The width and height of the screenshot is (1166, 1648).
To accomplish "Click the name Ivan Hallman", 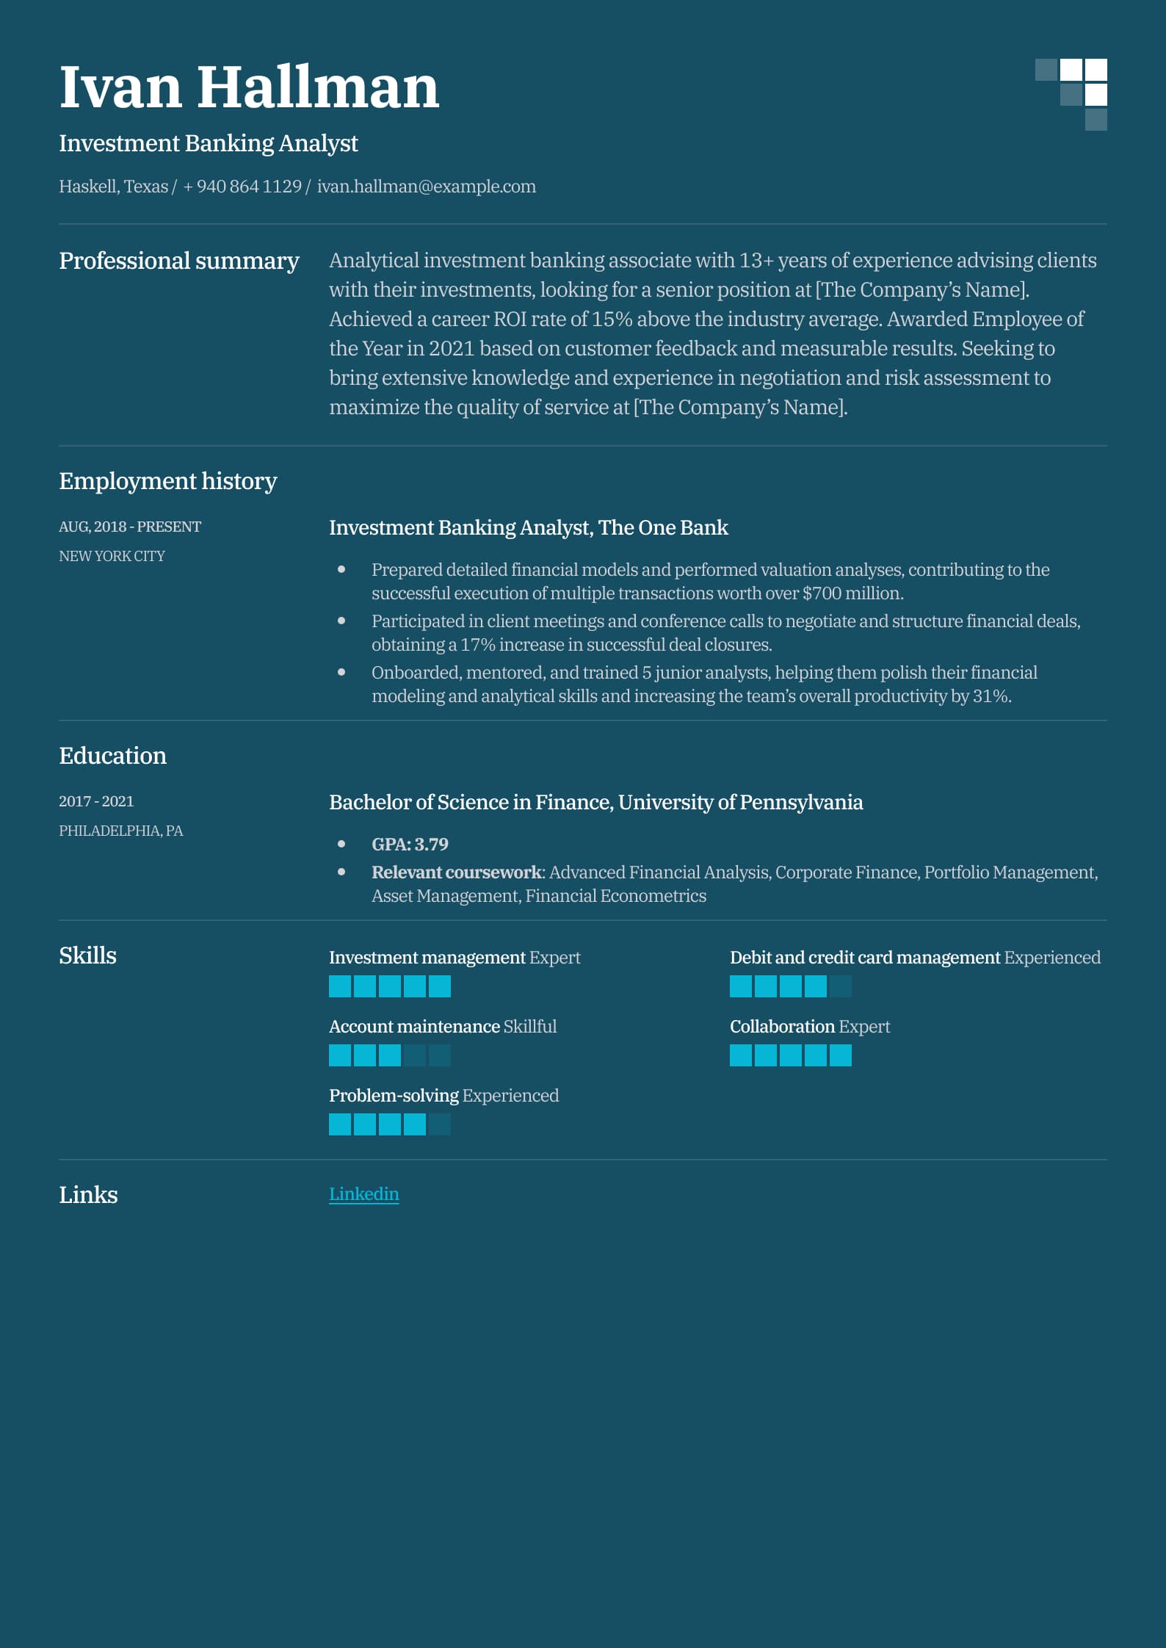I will click(248, 87).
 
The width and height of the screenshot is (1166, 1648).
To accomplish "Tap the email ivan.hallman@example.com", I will click(426, 187).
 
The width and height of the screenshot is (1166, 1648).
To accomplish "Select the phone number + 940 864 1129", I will click(242, 187).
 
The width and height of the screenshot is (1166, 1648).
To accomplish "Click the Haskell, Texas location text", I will click(113, 187).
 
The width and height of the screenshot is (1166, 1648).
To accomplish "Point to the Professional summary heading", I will click(178, 261).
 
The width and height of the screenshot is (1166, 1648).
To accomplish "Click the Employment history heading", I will click(167, 481).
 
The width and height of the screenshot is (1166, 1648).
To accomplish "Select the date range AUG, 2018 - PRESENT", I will click(130, 527).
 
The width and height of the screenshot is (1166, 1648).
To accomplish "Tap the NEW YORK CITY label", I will click(112, 556).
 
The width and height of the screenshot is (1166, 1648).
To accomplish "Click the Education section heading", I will click(112, 756).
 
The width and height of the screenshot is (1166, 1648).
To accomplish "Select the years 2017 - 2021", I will click(96, 801).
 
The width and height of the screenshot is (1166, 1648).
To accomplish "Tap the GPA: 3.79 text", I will click(410, 845).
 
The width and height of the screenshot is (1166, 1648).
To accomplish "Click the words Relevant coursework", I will click(456, 872).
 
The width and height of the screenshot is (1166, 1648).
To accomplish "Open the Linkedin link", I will click(363, 1194).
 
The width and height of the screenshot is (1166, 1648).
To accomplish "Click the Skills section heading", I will click(87, 955).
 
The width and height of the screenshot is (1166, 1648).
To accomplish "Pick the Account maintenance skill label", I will click(414, 1027).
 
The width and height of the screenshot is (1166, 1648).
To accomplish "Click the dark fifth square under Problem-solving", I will click(440, 1124).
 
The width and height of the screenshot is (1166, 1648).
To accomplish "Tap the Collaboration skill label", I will click(782, 1027).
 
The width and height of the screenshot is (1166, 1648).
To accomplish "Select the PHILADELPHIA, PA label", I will click(120, 831).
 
